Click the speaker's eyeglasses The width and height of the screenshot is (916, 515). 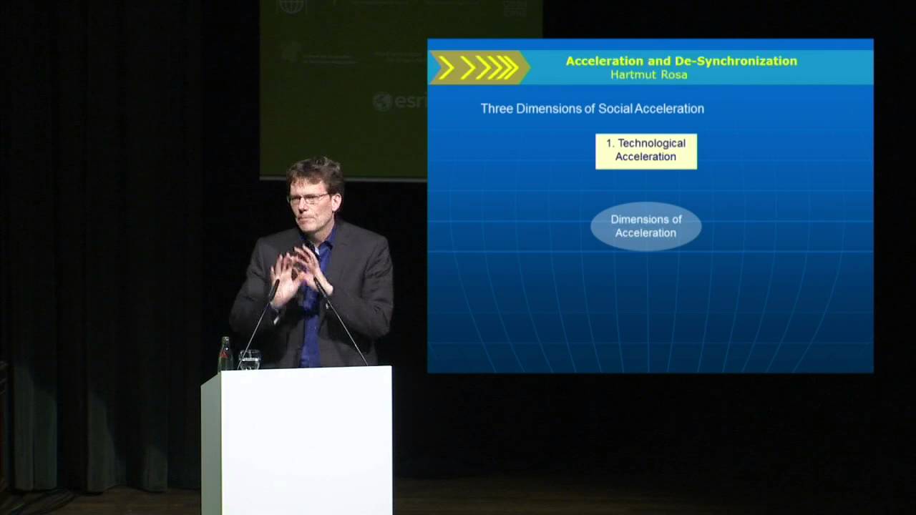(309, 198)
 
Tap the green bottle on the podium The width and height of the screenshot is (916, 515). (225, 355)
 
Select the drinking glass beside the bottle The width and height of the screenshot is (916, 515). (249, 360)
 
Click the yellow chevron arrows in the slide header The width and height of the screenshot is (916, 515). (478, 68)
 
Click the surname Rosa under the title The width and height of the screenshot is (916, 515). (673, 74)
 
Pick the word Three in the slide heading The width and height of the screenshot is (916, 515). (497, 109)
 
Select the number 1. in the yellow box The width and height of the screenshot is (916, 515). (610, 143)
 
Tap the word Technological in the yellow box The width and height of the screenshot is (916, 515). (651, 143)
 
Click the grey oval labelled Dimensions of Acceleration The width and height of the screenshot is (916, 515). (645, 226)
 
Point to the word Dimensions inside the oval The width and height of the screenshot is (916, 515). (645, 220)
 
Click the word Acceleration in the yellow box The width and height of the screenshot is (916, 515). (645, 157)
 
